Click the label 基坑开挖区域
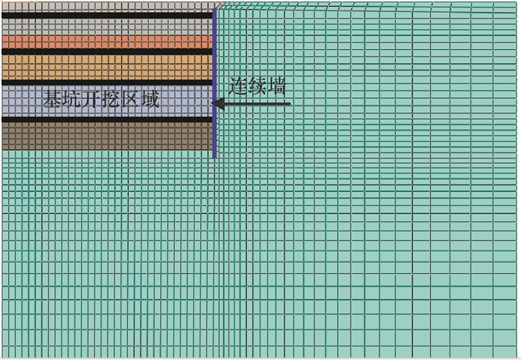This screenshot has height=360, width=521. coord(100,99)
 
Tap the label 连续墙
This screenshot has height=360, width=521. coord(258,87)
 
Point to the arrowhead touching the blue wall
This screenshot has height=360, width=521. coord(217,103)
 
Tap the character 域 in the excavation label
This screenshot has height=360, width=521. coord(150,99)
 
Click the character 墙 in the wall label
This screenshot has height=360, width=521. coord(277,87)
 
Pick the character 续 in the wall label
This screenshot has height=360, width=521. coord(258,87)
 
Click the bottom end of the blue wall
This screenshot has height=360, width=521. coord(214,156)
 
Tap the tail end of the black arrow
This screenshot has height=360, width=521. coord(289,103)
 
